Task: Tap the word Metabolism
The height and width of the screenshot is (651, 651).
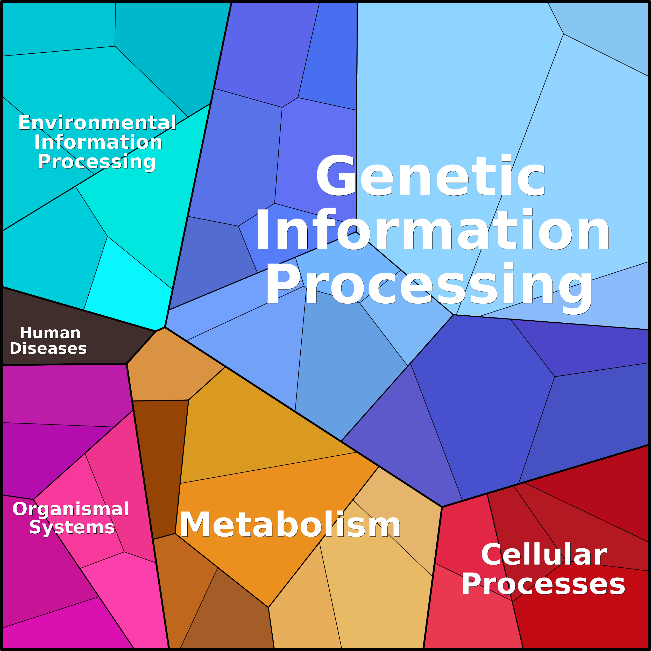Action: coord(290,525)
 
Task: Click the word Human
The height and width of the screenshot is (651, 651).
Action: coord(50,333)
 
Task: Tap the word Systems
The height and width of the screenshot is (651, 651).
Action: coord(72,527)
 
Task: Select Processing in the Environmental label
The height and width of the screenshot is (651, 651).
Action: coord(97,162)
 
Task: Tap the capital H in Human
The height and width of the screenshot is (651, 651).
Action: coord(26,333)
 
